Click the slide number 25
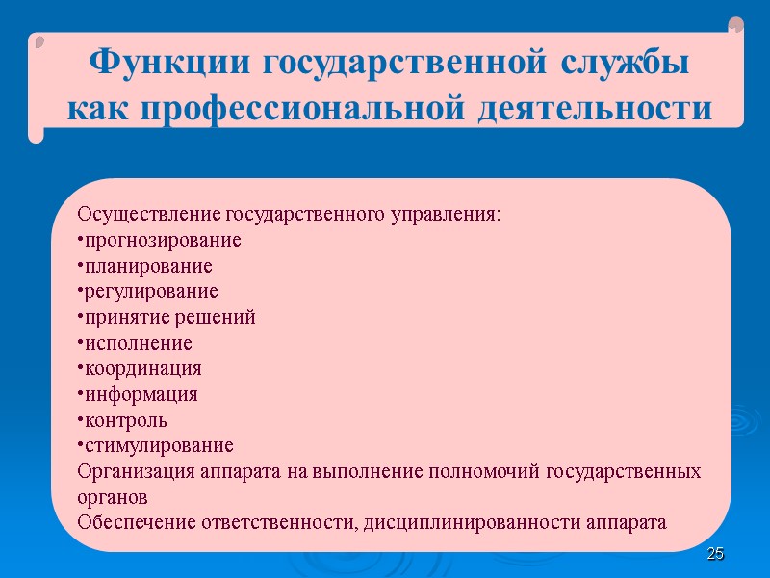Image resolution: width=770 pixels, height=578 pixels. tap(715, 554)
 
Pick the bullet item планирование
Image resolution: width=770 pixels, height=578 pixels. tap(148, 266)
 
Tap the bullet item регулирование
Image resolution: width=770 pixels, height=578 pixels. tap(151, 291)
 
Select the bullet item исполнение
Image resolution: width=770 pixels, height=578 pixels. tap(139, 343)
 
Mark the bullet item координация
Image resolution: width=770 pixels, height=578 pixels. tap(143, 369)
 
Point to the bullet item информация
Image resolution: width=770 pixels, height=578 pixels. tap(141, 394)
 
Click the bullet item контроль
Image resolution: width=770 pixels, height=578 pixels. tap(126, 420)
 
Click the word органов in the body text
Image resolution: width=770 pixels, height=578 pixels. tap(113, 498)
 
